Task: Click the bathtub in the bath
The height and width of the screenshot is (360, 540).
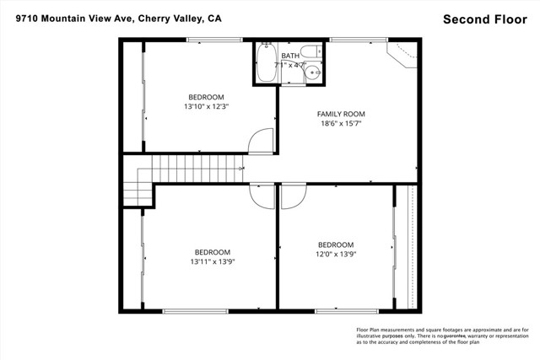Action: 267,64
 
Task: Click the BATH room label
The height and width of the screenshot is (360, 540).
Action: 290,56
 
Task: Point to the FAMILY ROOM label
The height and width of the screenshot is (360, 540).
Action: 341,114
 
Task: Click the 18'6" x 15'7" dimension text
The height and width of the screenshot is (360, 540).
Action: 341,124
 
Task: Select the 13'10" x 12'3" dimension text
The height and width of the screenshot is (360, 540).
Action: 207,107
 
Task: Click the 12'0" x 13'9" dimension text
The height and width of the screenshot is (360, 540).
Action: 336,254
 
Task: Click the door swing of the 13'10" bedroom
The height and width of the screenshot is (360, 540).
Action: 263,142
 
